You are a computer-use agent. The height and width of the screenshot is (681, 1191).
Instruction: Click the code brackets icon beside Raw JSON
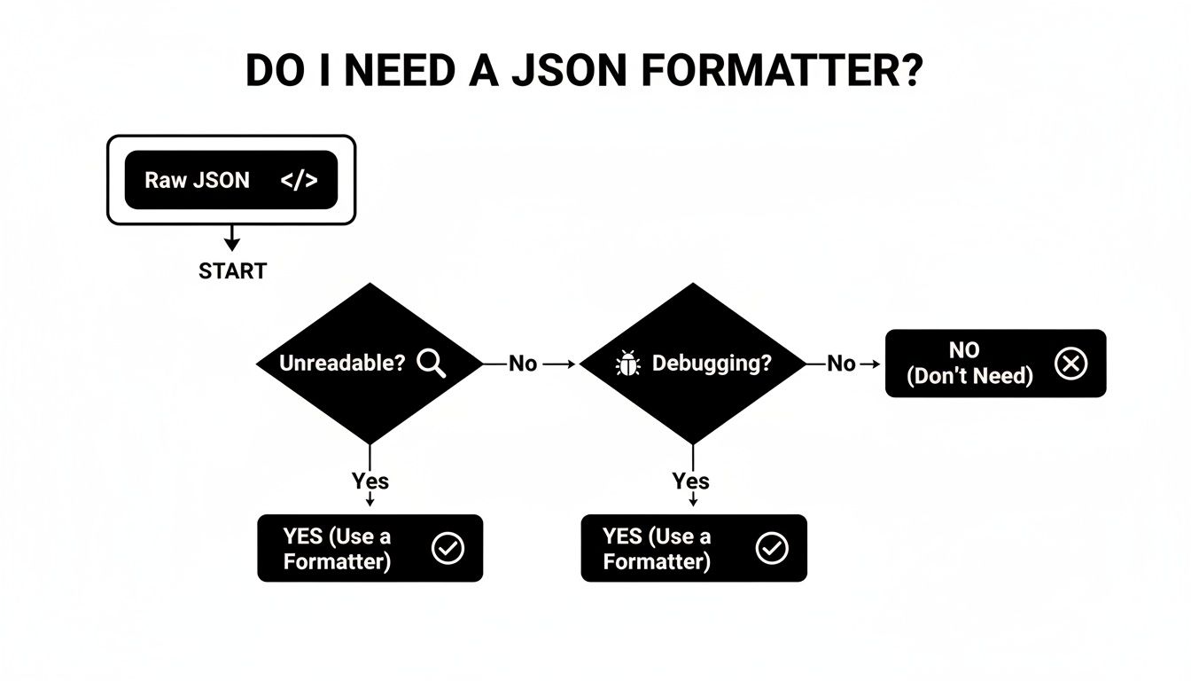299,180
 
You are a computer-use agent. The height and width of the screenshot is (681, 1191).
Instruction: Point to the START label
233,271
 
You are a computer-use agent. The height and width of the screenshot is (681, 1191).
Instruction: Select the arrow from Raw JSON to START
232,238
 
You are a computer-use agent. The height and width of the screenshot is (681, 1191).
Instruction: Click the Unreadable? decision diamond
370,364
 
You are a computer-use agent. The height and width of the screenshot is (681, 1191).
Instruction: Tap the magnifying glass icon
431,363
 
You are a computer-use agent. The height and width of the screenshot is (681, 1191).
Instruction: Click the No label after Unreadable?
522,364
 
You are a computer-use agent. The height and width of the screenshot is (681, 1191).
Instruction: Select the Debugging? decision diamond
693,364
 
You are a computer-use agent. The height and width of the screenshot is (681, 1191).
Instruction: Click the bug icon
627,364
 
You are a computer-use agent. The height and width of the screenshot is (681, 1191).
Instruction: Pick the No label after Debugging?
841,364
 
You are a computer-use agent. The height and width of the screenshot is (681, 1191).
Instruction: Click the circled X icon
1071,364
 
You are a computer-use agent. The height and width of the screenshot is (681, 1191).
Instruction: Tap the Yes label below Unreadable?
370,481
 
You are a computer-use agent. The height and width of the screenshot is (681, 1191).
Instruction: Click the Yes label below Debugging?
691,481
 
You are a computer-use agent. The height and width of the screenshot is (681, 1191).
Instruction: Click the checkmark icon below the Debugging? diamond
772,548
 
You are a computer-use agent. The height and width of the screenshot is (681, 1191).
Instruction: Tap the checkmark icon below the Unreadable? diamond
448,548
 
